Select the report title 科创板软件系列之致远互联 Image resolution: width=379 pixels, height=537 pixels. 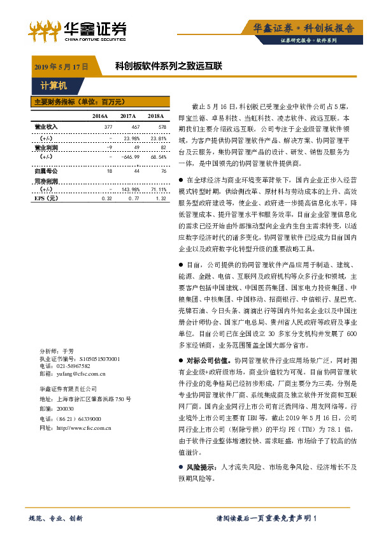coord(168,66)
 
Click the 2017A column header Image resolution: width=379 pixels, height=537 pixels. coord(128,116)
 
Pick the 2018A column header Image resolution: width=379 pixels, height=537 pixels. coord(156,116)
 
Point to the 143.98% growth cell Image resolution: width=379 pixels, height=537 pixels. coord(131,189)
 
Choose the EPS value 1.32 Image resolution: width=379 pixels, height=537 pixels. coord(161,198)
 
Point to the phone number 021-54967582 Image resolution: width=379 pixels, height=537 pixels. coord(73,367)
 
